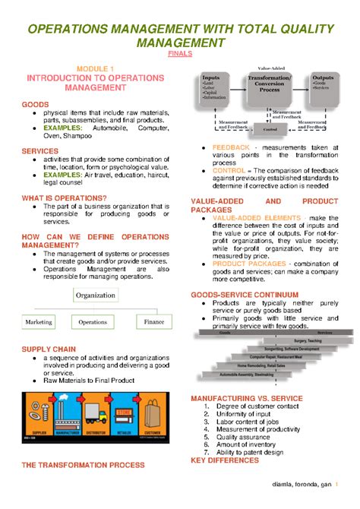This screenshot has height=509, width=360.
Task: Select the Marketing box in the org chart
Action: point(39,322)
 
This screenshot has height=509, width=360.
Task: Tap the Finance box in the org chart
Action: point(153,322)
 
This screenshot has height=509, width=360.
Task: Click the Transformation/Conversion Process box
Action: point(270,85)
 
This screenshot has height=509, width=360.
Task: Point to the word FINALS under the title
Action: point(179,55)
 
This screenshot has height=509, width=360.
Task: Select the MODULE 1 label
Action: point(96,68)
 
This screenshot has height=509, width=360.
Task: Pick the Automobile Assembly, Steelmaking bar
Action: point(236,375)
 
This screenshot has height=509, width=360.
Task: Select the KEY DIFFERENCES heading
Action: point(225,460)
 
